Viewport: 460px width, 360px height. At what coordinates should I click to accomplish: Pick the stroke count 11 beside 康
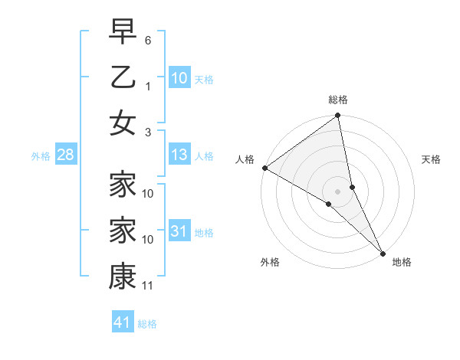point(149,286)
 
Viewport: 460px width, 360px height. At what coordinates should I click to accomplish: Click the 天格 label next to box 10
point(204,80)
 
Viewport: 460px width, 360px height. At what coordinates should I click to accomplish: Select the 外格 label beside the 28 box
point(41,156)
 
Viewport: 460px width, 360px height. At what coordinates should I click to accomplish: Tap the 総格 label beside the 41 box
point(147,324)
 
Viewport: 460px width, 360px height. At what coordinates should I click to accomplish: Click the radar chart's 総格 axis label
point(338,100)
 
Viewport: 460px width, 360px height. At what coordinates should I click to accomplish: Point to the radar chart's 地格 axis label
point(402,262)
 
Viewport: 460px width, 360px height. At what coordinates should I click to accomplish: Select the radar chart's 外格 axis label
point(270,262)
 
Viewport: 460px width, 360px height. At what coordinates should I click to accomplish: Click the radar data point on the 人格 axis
point(264,168)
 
